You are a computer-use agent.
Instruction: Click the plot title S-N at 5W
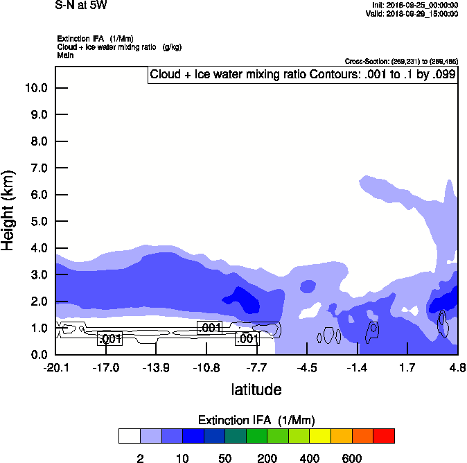80,6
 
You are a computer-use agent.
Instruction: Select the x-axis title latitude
256,390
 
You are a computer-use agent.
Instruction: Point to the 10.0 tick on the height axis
36,88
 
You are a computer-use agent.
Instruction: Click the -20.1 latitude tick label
55,367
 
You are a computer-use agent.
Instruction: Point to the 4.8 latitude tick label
456,367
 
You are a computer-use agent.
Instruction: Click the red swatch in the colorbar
384,436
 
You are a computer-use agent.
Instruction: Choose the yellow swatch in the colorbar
320,436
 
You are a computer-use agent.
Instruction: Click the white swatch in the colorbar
129,436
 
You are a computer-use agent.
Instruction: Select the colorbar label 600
352,458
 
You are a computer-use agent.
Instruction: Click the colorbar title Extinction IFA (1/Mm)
256,420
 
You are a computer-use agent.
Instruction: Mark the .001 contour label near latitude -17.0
110,339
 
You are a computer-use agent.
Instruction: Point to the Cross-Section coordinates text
400,62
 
